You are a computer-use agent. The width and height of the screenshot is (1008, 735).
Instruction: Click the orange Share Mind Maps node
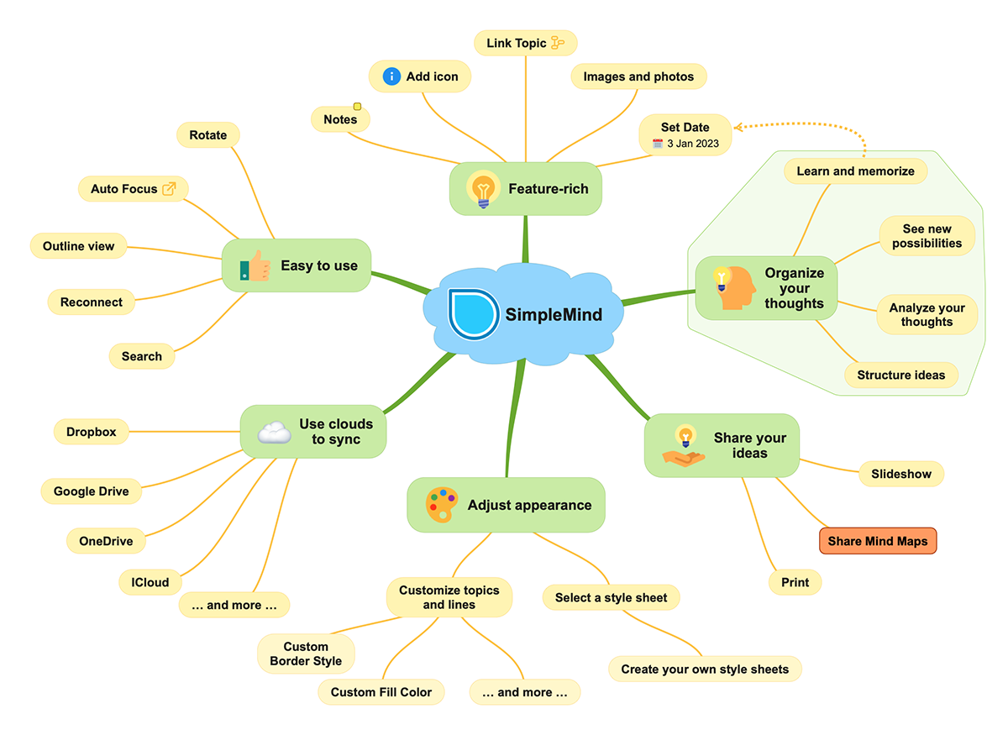[878, 541]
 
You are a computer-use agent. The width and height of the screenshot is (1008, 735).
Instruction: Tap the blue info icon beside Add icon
[391, 76]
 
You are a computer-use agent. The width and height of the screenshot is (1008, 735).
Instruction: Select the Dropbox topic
[92, 433]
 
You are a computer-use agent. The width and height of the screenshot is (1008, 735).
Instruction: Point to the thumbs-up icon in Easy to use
[255, 267]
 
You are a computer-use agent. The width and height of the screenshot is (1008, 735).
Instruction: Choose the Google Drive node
[92, 491]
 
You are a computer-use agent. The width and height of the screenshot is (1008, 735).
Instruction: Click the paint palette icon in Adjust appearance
[442, 505]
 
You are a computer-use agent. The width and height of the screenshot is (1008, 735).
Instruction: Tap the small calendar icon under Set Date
[658, 144]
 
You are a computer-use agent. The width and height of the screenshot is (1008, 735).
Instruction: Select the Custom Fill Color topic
[381, 692]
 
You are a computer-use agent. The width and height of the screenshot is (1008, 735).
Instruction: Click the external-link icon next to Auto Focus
[170, 189]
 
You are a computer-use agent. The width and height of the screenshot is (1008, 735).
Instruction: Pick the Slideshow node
[901, 474]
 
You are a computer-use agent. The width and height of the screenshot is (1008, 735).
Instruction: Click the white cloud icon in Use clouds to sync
[274, 433]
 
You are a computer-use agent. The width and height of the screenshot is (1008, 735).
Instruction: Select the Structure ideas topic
[901, 375]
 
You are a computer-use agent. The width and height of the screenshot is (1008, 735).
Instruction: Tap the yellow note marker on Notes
[357, 107]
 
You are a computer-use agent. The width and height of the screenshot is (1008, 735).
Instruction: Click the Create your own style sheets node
[705, 669]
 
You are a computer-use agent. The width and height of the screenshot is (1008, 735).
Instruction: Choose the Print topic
[795, 582]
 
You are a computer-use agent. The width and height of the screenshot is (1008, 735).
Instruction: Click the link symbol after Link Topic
[558, 43]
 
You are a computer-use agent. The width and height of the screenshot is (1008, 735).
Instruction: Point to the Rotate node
[208, 134]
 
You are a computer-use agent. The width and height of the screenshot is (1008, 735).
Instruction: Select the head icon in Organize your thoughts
[733, 287]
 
